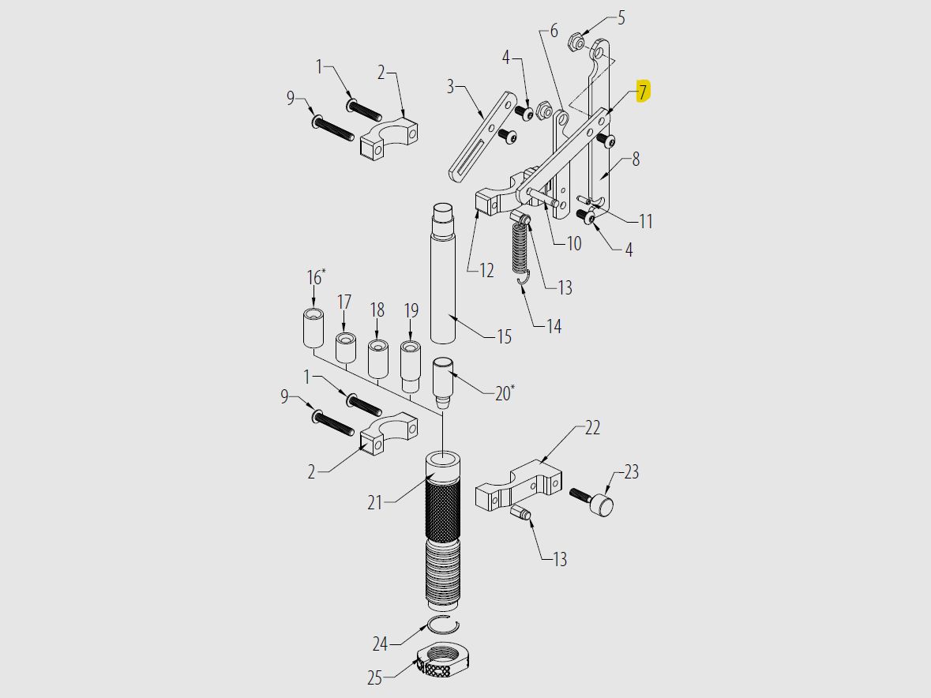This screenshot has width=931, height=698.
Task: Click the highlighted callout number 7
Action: point(643,92)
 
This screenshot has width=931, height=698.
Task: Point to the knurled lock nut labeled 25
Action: point(434,661)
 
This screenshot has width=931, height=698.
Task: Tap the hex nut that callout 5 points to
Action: point(577,41)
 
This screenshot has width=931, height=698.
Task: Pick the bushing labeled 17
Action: point(345,347)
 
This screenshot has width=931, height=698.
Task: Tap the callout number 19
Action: point(411,310)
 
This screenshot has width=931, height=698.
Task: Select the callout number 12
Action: point(486,270)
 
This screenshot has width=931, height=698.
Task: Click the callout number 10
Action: point(573,243)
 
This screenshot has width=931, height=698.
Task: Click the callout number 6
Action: point(554,31)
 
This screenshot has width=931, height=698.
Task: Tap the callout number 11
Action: point(646,221)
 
